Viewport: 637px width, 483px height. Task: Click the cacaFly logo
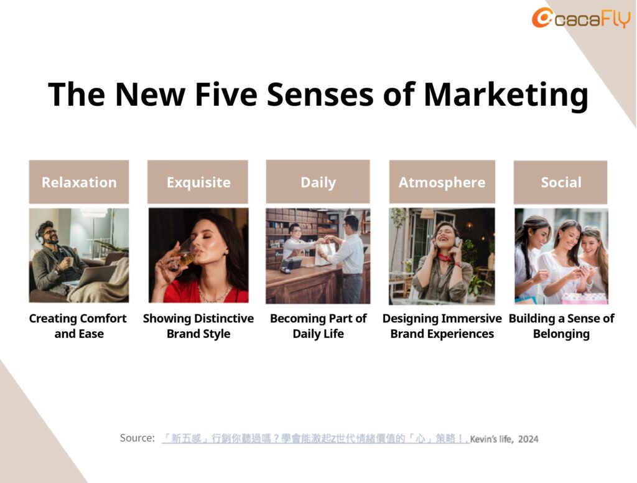pyautogui.click(x=581, y=18)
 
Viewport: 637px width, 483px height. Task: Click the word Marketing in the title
pyautogui.click(x=506, y=95)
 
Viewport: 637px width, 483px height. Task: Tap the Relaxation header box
pyautogui.click(x=79, y=182)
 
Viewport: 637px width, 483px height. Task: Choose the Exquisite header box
pyautogui.click(x=198, y=182)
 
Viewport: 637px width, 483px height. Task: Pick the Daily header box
pyautogui.click(x=318, y=182)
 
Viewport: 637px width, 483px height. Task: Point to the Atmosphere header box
pyautogui.click(x=442, y=182)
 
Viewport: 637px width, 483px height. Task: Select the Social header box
pyautogui.click(x=560, y=182)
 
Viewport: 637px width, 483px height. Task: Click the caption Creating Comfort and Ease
pyautogui.click(x=78, y=326)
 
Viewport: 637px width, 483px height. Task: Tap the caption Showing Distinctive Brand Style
pyautogui.click(x=198, y=326)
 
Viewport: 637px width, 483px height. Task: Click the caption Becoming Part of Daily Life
pyautogui.click(x=318, y=326)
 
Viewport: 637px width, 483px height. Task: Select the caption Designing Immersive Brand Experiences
pyautogui.click(x=442, y=326)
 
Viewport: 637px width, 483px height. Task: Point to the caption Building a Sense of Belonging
pyautogui.click(x=562, y=326)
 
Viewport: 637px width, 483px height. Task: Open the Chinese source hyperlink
pyautogui.click(x=315, y=439)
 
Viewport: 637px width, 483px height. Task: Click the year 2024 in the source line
pyautogui.click(x=528, y=439)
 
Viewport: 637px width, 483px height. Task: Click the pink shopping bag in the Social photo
pyautogui.click(x=584, y=298)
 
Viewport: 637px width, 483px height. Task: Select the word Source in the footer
pyautogui.click(x=137, y=438)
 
